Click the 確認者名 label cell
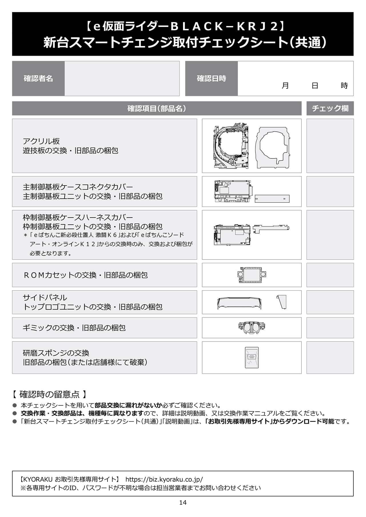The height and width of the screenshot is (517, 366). pos(38,79)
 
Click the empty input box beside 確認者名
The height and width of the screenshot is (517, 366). pos(122,79)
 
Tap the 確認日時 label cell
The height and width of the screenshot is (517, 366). pos(211,79)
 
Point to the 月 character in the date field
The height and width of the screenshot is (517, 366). pos(285,86)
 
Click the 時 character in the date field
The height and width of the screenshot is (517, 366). pos(344,86)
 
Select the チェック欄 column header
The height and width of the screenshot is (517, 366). pos(330,108)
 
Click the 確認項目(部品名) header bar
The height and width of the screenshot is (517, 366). pos(157,108)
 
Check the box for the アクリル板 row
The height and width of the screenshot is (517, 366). pos(330,146)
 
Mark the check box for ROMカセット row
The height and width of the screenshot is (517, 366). pos(330,275)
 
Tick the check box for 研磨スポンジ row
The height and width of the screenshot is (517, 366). pos(330,357)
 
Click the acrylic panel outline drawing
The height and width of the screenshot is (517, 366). pos(273,147)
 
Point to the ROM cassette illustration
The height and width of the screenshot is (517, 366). pos(252,275)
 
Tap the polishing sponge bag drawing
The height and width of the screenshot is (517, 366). pos(252,357)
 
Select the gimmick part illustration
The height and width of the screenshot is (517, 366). pos(252,327)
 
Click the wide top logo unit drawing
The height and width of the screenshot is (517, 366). pos(239,303)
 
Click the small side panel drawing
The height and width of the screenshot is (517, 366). pos(282,302)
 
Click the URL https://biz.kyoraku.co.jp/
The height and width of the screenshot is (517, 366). pos(164,479)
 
